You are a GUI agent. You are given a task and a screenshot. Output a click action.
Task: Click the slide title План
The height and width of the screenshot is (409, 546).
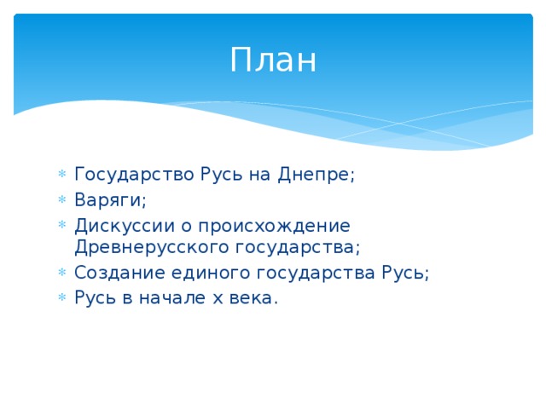273,60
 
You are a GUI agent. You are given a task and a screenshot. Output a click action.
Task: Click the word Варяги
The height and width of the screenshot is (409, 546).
110,200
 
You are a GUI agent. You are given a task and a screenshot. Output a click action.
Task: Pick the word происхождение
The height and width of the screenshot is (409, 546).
275,225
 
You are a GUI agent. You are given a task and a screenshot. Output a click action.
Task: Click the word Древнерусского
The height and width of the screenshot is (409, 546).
148,247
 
